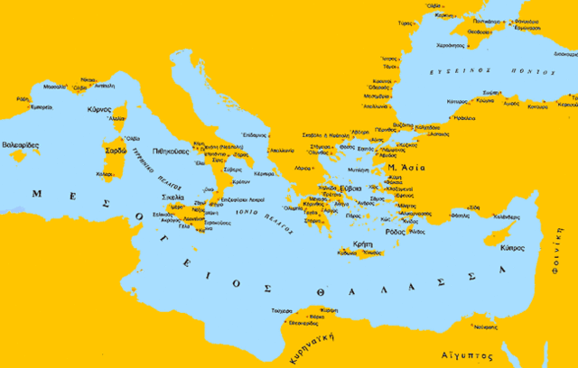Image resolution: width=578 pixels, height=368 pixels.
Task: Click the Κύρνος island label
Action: [x=98, y=109]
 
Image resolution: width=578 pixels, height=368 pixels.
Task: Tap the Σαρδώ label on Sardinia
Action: [x=116, y=151]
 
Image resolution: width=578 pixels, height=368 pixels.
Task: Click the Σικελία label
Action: [x=173, y=196]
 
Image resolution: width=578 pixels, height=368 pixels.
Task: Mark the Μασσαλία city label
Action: [x=54, y=87]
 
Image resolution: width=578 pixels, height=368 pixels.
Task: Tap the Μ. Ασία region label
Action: [x=404, y=168]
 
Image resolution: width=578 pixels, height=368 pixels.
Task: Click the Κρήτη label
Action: [x=361, y=243]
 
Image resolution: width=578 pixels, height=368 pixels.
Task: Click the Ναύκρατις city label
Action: [x=486, y=326]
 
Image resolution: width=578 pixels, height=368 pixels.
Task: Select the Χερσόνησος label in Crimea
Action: [x=451, y=44]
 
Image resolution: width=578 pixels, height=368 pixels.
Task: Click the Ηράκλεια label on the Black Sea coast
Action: [x=463, y=117]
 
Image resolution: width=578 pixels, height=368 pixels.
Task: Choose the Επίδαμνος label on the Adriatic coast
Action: [x=255, y=135]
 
